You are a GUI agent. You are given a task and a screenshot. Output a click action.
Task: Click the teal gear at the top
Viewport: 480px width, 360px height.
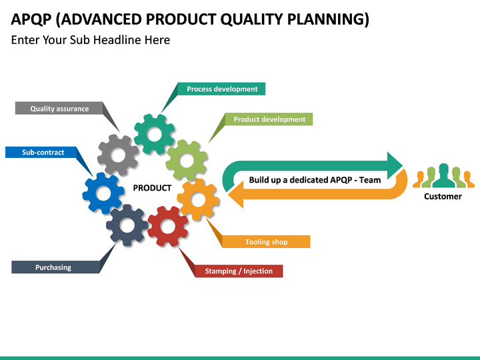[x=155, y=135]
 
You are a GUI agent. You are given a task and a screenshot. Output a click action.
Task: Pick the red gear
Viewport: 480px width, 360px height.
[x=168, y=226]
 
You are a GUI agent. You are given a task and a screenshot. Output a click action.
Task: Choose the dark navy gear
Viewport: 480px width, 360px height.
[x=127, y=225]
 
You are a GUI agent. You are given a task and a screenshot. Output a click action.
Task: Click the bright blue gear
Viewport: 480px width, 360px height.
[x=103, y=193]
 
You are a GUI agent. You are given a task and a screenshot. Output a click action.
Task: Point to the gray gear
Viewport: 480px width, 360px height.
[x=118, y=155]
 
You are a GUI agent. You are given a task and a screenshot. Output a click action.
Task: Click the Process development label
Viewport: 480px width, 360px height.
[x=222, y=89]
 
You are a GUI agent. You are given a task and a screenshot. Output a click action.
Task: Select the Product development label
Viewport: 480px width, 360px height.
[x=269, y=119]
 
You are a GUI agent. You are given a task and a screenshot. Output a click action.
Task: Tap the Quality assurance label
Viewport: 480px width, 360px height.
[x=59, y=109]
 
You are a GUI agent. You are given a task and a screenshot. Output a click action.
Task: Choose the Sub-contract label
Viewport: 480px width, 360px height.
[x=43, y=152]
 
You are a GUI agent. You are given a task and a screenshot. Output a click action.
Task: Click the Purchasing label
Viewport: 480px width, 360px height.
[x=53, y=267]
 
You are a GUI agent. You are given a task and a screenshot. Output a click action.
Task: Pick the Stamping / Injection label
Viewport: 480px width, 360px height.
[x=239, y=271]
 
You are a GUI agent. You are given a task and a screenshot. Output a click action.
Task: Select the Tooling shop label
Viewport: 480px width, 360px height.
[x=266, y=242]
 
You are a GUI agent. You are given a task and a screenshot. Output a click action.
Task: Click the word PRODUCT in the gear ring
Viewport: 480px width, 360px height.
[x=152, y=188]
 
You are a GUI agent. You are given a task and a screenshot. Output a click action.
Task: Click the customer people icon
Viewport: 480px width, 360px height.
[x=443, y=176]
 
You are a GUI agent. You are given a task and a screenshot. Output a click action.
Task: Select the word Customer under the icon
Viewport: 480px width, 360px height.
[x=443, y=197]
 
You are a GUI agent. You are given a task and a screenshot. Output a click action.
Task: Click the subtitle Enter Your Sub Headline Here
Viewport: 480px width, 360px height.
[x=91, y=40]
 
